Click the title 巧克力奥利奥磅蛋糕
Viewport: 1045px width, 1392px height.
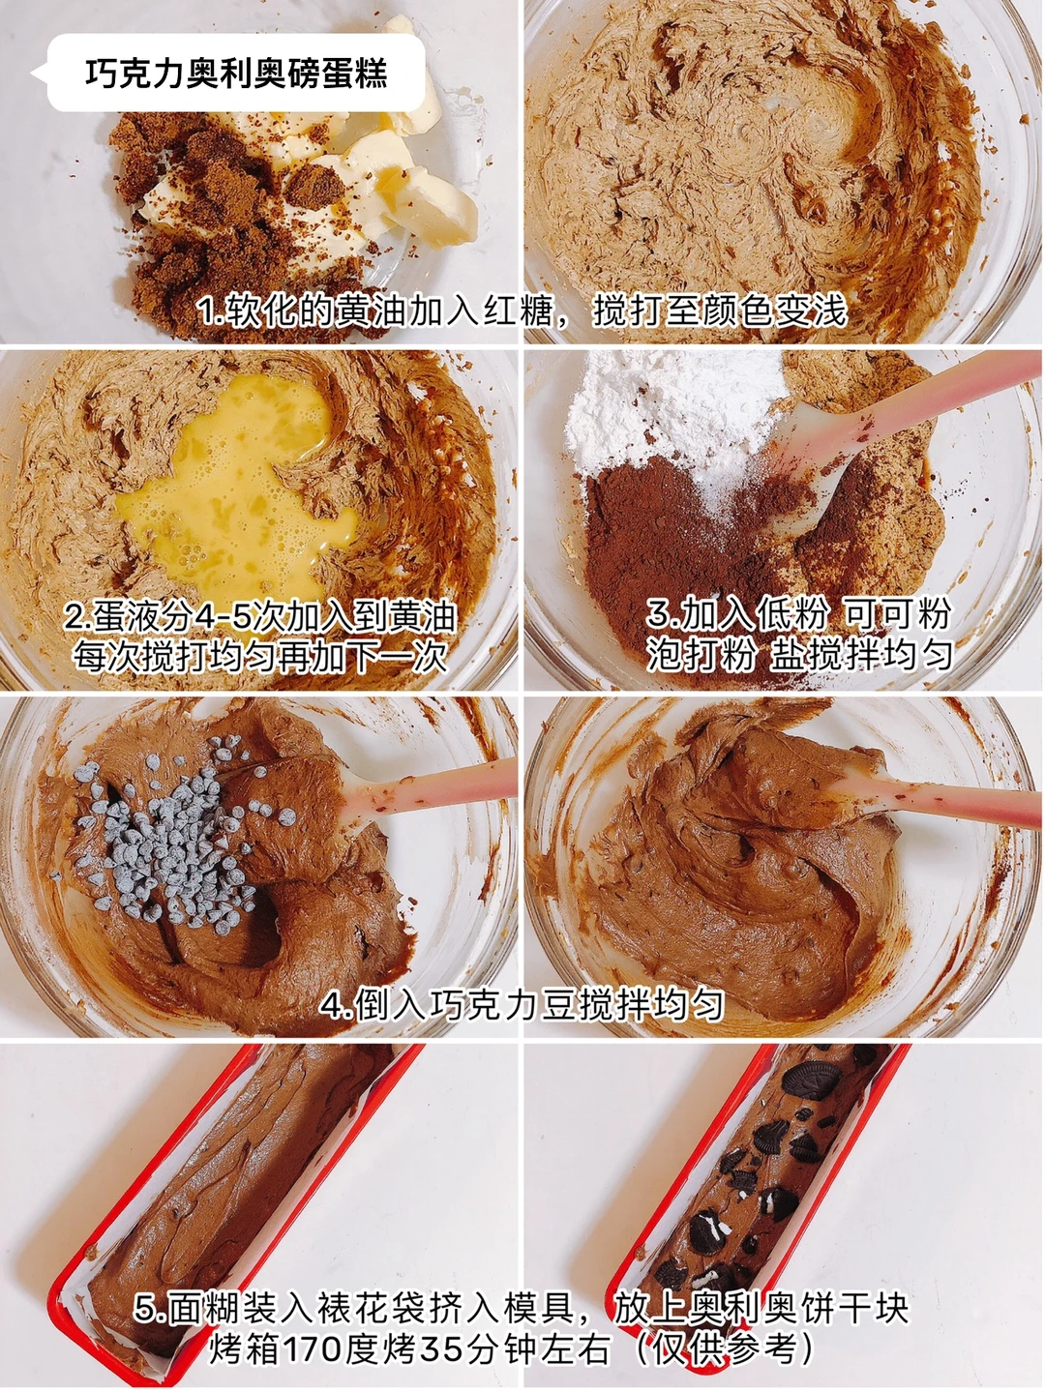coord(236,74)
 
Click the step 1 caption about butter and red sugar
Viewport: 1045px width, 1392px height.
coord(522,311)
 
